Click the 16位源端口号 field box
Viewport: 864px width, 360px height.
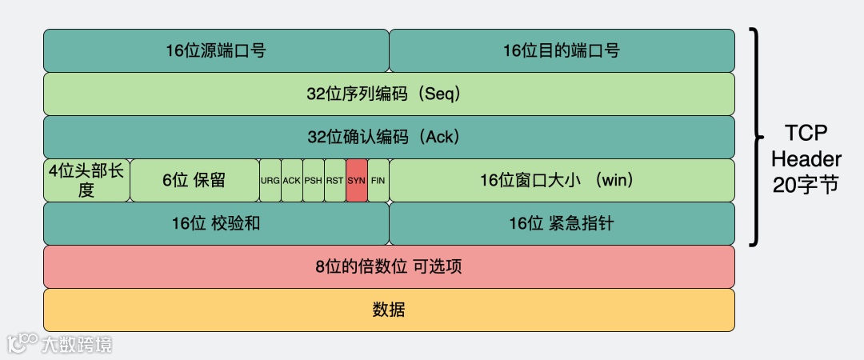pyautogui.click(x=216, y=50)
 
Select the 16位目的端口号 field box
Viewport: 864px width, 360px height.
pyautogui.click(x=562, y=50)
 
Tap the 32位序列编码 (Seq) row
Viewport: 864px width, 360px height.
pyautogui.click(x=389, y=94)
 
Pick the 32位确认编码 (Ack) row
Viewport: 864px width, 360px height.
pyautogui.click(x=389, y=137)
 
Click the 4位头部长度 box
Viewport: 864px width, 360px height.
pyautogui.click(x=86, y=180)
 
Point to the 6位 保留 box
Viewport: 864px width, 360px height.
pyautogui.click(x=194, y=180)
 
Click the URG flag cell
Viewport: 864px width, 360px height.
pyautogui.click(x=270, y=180)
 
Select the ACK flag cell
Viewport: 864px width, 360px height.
pyautogui.click(x=292, y=180)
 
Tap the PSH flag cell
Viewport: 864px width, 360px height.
pyautogui.click(x=314, y=180)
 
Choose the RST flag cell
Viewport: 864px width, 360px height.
pyautogui.click(x=335, y=180)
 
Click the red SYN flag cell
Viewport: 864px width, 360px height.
pyautogui.click(x=357, y=180)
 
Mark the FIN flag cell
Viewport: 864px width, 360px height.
pyautogui.click(x=378, y=180)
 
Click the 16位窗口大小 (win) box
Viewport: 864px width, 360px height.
pyautogui.click(x=562, y=180)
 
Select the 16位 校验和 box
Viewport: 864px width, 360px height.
pyautogui.click(x=216, y=223)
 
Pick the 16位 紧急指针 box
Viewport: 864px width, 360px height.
pyautogui.click(x=562, y=223)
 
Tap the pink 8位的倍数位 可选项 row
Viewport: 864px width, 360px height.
pyautogui.click(x=389, y=266)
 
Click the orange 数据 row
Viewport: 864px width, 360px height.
pyautogui.click(x=389, y=310)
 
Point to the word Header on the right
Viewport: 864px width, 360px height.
pyautogui.click(x=806, y=158)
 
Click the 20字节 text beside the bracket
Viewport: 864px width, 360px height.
pyautogui.click(x=806, y=185)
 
